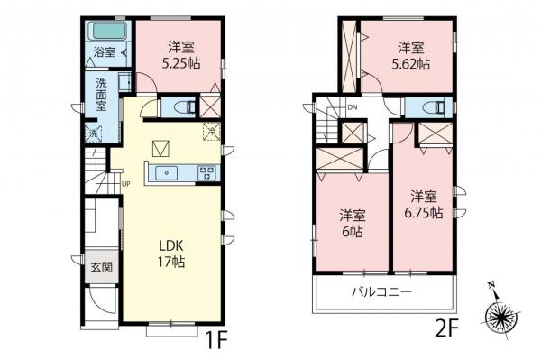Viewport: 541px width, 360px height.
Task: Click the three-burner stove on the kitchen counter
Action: (x=206, y=173)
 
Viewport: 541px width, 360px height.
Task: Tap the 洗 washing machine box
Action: (x=94, y=134)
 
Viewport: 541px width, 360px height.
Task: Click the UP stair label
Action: (x=125, y=185)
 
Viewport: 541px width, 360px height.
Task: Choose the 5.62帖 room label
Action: (x=412, y=56)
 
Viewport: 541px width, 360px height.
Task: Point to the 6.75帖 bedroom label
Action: (x=424, y=204)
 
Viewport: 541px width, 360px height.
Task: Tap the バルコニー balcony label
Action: (x=381, y=292)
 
